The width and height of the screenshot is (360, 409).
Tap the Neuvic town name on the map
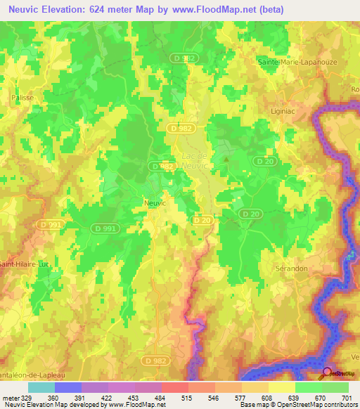[x=155, y=202]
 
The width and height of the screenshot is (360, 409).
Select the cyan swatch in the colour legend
[x=41, y=387]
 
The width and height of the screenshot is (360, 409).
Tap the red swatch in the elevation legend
[x=174, y=387]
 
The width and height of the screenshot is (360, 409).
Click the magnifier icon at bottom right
[x=327, y=374]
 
